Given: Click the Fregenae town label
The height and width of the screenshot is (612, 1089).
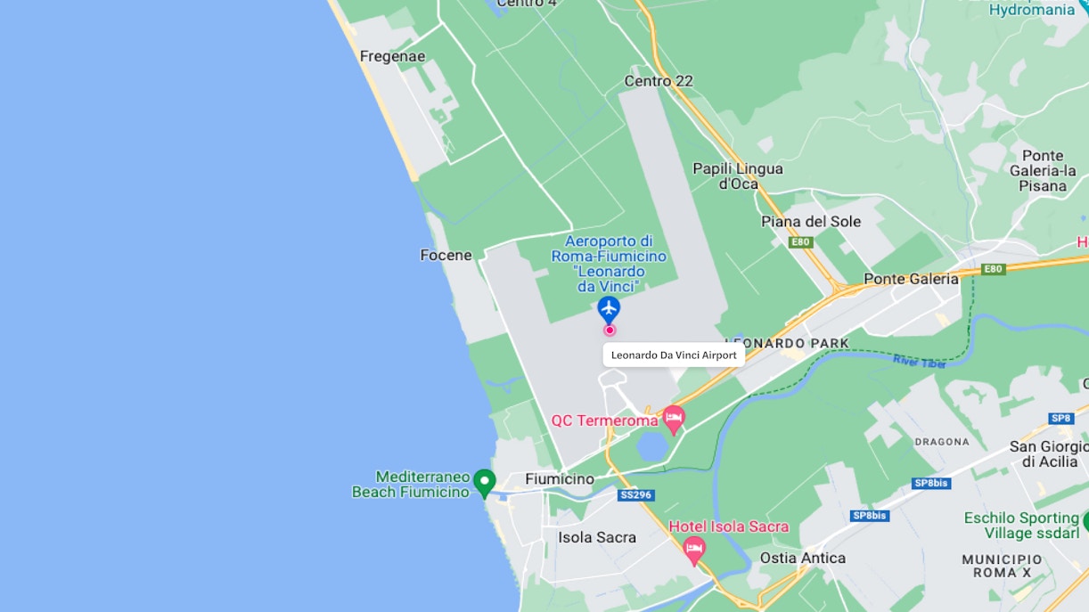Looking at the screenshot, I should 392,57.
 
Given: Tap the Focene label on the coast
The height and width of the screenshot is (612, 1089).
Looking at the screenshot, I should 446,256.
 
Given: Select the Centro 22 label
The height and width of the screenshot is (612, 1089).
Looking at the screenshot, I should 659,81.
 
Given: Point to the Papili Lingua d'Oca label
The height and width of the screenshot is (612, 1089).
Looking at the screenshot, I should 738,176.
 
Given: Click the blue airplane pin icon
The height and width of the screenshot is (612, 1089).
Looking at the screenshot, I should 609,309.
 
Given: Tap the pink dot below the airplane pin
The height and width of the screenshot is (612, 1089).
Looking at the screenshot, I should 610,330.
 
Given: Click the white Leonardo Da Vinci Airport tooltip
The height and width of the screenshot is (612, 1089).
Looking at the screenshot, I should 674,355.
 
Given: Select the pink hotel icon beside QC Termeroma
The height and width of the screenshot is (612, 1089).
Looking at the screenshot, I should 674,418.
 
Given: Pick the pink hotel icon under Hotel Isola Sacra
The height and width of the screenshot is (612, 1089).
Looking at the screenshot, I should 694,550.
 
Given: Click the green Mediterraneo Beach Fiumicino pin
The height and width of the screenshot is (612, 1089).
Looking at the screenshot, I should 484,482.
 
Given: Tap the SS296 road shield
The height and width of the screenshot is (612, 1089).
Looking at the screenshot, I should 635,494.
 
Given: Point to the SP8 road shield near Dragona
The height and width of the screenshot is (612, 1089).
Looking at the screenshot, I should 1060,418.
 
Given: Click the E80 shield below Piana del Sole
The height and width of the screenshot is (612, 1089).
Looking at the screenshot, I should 801,241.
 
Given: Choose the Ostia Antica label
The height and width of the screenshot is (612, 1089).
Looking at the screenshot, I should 802,558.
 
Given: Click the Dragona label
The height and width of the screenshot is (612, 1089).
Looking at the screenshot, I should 941,442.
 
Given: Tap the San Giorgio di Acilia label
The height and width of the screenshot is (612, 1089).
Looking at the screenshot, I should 1048,454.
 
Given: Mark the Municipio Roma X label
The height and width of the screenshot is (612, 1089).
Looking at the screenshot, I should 1002,566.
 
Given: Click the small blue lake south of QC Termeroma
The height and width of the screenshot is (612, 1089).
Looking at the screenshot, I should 651,445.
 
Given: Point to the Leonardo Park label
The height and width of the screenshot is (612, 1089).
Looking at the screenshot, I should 787,343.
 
